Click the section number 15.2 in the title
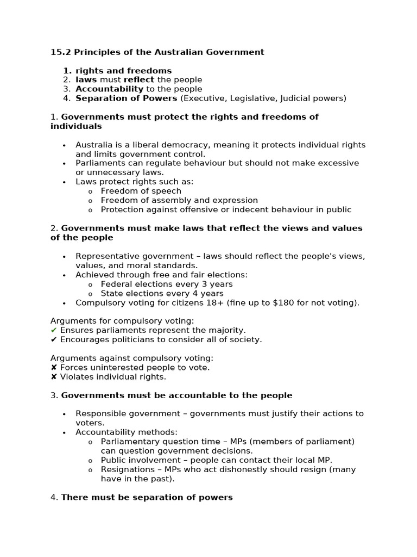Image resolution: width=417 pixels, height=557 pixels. click(x=61, y=52)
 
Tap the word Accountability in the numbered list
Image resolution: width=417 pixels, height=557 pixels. click(x=109, y=89)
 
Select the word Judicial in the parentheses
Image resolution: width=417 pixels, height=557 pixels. click(x=302, y=98)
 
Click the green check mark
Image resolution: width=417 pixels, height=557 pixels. click(x=54, y=330)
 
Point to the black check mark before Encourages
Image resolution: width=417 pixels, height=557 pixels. click(x=54, y=339)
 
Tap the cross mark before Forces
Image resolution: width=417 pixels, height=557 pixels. click(x=54, y=368)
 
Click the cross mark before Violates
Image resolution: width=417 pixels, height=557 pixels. click(x=54, y=377)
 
